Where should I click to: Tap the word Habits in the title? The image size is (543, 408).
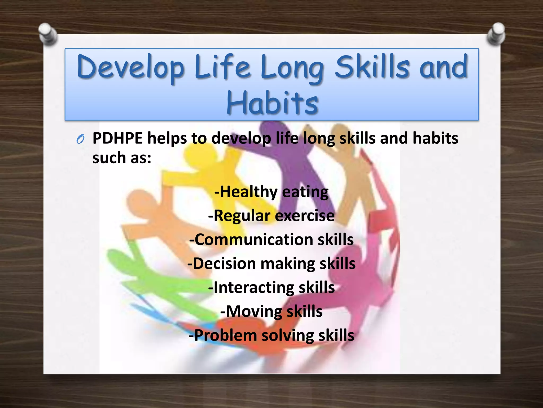[272, 103]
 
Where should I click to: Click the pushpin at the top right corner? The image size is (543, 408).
[496, 33]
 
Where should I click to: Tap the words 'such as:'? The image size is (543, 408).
[122, 158]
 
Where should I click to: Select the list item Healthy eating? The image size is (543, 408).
[271, 192]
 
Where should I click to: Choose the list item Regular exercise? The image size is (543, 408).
[271, 215]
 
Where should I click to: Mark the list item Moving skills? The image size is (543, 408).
[271, 311]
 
